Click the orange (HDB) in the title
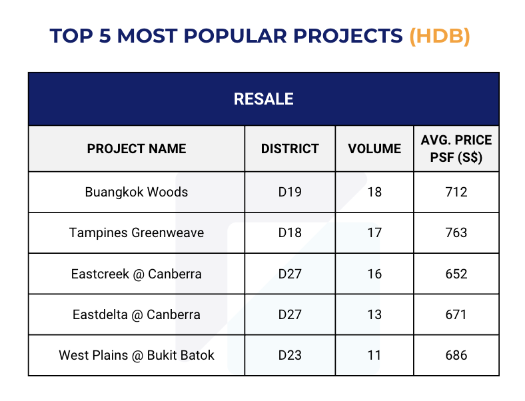(x=440, y=36)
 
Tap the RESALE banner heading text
(x=264, y=99)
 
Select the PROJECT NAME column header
(x=137, y=149)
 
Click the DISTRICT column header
(x=290, y=149)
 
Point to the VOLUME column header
(x=374, y=149)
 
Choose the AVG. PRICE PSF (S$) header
(x=456, y=149)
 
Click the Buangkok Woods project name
(x=137, y=192)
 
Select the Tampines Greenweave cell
(x=137, y=232)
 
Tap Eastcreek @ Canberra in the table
(x=137, y=274)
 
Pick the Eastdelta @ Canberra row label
(x=137, y=314)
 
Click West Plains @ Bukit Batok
(x=137, y=355)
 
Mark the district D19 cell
(x=290, y=192)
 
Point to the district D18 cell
(x=290, y=232)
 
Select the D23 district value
(x=290, y=355)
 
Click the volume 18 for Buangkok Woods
(x=374, y=192)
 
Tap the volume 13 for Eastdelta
(x=374, y=314)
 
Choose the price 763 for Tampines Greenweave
(x=456, y=232)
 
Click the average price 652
(x=456, y=274)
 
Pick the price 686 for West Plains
(x=456, y=355)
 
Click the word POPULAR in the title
(x=235, y=36)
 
